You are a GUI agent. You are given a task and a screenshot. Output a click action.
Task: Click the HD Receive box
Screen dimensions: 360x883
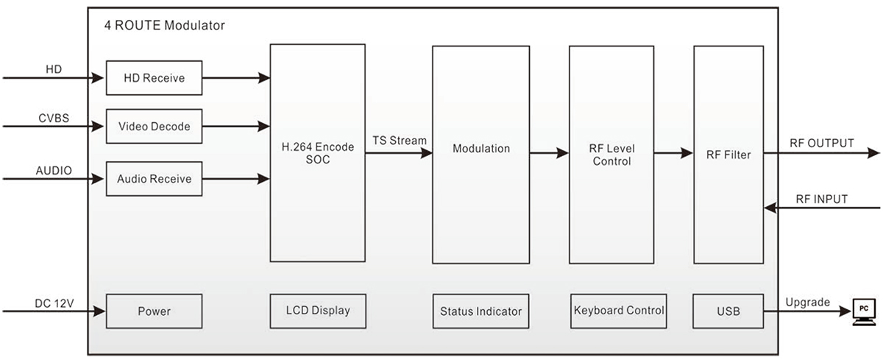click(x=154, y=78)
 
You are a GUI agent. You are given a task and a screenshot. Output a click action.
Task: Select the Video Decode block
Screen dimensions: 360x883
click(x=154, y=127)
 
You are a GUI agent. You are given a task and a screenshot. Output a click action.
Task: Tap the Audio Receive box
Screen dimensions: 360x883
click(x=154, y=179)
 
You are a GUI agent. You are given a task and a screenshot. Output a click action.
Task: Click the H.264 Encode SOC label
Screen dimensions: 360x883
click(x=318, y=153)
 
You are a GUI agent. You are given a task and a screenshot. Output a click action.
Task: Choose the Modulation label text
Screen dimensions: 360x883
click(x=481, y=149)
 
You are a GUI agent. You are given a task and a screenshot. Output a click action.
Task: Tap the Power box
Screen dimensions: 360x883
click(x=154, y=311)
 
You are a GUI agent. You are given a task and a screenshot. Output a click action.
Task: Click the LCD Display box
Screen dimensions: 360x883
click(x=318, y=310)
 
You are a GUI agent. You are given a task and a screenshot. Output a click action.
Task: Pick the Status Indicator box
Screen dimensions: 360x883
click(x=481, y=311)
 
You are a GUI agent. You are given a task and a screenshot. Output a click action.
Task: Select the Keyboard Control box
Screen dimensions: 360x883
click(x=618, y=310)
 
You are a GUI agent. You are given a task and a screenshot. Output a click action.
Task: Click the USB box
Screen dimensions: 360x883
click(x=727, y=311)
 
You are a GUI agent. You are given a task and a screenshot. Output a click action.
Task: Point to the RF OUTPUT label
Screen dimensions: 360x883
click(x=821, y=144)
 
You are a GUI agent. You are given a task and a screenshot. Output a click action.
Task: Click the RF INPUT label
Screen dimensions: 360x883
click(x=821, y=199)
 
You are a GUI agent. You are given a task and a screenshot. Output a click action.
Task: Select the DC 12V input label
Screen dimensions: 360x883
click(x=54, y=303)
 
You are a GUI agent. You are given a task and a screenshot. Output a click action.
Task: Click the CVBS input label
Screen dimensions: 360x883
click(x=54, y=118)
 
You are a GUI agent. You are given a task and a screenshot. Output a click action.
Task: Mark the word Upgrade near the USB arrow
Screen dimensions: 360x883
click(x=807, y=302)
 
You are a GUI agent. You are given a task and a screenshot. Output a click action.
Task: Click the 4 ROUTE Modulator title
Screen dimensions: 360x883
click(x=165, y=26)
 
